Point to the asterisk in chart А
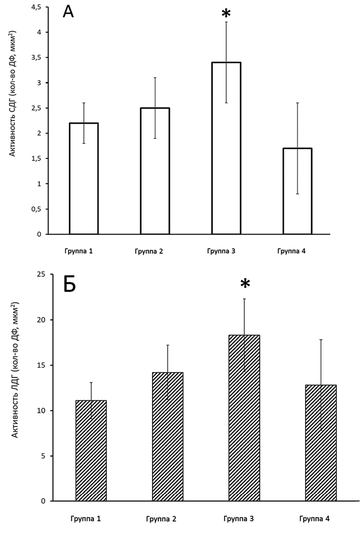tap(226, 14)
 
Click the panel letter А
tap(68, 12)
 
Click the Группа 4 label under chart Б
tap(314, 519)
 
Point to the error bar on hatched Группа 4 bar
tap(321, 363)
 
